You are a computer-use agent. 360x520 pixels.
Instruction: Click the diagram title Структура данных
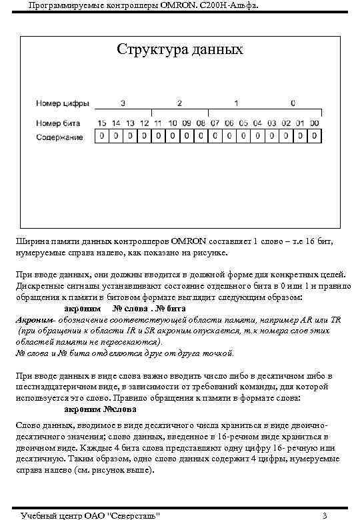180,50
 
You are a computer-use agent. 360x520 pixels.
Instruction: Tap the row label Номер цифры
59,105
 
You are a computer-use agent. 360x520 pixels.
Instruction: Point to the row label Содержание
59,137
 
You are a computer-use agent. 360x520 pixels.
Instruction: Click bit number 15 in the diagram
101,123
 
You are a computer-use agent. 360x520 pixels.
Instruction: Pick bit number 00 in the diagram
315,123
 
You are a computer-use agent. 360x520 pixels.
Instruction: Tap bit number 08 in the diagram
200,123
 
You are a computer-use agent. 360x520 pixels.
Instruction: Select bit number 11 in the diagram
157,123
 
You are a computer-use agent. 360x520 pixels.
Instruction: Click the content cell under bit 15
101,137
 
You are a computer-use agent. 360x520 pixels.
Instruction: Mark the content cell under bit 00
315,137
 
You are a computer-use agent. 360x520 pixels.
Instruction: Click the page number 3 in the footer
324,515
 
